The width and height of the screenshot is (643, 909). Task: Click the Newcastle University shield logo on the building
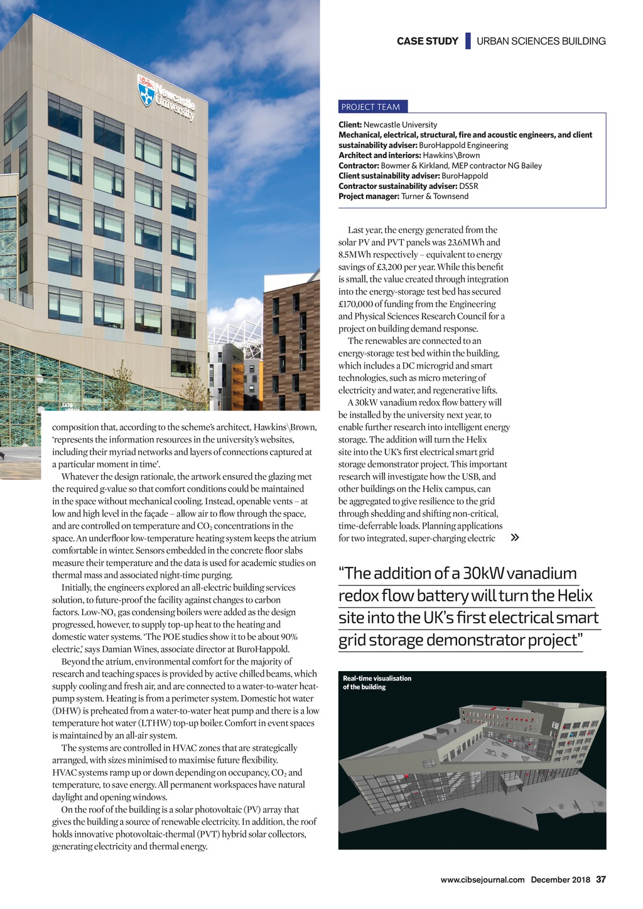146,90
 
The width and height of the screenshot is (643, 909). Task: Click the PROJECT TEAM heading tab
370,107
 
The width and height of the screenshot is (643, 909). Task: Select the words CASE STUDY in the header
427,41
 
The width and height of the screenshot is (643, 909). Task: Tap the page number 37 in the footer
601,879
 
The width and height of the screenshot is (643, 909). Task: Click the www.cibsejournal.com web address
482,879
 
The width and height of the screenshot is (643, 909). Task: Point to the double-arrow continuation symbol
515,538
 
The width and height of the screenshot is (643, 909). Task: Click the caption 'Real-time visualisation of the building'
377,682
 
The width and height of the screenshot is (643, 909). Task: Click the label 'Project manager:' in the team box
369,196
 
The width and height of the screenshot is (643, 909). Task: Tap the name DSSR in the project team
468,186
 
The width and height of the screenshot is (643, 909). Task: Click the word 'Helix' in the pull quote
570,596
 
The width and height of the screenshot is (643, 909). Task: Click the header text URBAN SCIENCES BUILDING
541,41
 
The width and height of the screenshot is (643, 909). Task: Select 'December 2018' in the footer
560,879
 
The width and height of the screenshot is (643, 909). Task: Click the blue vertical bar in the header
468,41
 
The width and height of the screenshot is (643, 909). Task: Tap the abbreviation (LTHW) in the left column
151,723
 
